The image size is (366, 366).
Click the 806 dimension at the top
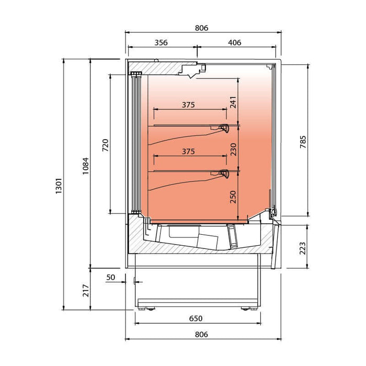pos(201,28)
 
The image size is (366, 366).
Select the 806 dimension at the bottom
pos(201,334)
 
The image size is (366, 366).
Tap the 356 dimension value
pos(161,43)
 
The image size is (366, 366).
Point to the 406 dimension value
pos(235,43)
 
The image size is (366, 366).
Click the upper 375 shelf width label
pos(188,105)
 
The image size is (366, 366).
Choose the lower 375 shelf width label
pos(188,152)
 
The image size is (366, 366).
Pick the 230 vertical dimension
pos(233,149)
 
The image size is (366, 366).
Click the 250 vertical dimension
pos(233,196)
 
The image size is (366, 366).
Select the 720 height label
pos(105,144)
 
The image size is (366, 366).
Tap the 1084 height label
pos(85,166)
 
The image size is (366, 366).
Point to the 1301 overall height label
pos(59,185)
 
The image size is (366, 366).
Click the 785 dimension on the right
pos(303,142)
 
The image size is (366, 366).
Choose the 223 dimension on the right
pos(303,248)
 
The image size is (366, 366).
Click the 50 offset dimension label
pos(110,277)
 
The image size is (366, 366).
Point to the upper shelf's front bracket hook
pos(225,128)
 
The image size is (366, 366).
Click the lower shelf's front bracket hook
pos(225,174)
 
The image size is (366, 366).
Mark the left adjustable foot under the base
pos(151,308)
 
